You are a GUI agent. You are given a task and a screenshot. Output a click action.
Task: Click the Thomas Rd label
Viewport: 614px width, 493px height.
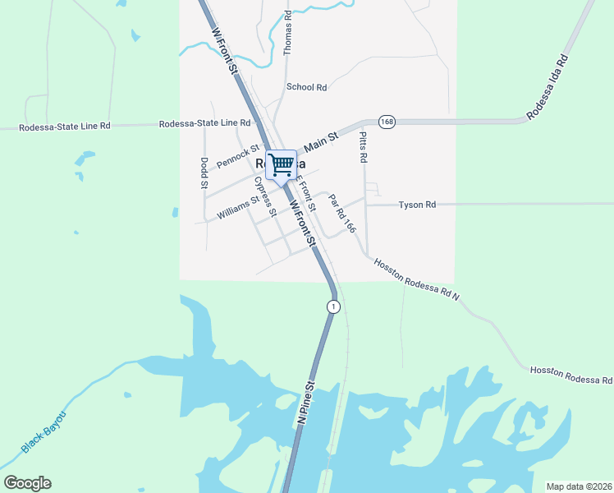coord(287,33)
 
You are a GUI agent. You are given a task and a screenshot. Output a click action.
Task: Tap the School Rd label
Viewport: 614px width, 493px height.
coord(306,87)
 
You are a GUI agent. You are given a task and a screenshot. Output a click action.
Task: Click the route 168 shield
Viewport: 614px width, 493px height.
coord(387,122)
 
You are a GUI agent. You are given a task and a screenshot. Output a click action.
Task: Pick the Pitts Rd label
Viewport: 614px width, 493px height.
coord(363,148)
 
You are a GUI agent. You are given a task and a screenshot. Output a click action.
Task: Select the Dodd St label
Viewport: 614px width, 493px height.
coord(204,173)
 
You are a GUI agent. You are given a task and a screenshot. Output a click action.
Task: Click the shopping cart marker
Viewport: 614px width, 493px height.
coord(281,164)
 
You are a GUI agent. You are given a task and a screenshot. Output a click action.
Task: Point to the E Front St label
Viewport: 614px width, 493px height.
coord(305,195)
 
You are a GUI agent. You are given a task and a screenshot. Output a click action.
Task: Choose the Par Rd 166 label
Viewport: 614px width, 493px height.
coord(341,214)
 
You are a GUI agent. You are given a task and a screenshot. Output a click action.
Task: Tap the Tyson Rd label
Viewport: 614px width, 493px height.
coord(417,205)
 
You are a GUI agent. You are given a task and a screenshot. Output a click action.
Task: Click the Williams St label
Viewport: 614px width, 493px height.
coord(238,207)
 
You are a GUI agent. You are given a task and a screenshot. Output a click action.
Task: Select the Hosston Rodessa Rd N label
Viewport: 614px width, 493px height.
coord(417,279)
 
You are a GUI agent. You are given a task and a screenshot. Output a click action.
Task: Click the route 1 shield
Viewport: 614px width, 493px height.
coord(332,306)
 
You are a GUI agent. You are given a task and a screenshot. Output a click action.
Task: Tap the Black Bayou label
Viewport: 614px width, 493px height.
coord(43,432)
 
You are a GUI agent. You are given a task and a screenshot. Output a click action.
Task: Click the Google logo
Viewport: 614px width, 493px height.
coord(27,483)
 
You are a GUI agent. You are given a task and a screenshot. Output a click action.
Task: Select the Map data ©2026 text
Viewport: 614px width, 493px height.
coord(578,486)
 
